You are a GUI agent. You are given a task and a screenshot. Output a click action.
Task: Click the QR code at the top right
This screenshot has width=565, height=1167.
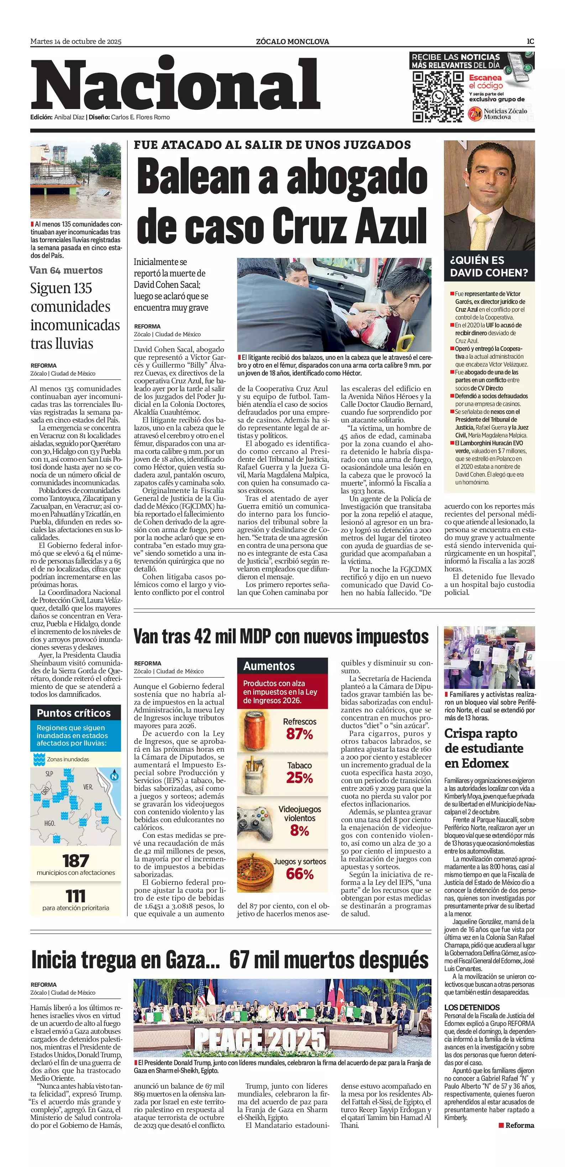click(x=438, y=97)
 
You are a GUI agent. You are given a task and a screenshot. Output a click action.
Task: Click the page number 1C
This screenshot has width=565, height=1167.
click(x=530, y=41)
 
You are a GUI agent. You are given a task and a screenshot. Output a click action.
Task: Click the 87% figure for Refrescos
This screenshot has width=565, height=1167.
click(x=299, y=734)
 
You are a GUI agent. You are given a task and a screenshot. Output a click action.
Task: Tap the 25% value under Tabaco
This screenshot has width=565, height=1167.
click(x=299, y=778)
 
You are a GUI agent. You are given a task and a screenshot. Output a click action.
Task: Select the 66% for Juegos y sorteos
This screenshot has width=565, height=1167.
click(x=299, y=874)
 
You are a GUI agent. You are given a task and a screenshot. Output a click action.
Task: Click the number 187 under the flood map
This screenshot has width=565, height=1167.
click(x=75, y=860)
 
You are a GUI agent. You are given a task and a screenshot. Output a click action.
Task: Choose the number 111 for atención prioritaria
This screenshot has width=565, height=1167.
click(x=75, y=896)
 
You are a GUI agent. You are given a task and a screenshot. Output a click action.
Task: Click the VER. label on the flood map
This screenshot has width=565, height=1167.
click(x=88, y=787)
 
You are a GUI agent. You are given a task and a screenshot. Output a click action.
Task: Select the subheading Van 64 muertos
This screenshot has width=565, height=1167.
click(x=66, y=270)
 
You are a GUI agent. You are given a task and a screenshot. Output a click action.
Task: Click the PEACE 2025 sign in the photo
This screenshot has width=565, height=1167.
click(x=260, y=1040)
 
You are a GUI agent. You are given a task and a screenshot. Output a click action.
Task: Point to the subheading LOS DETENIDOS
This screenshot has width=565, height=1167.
click(x=472, y=1007)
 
